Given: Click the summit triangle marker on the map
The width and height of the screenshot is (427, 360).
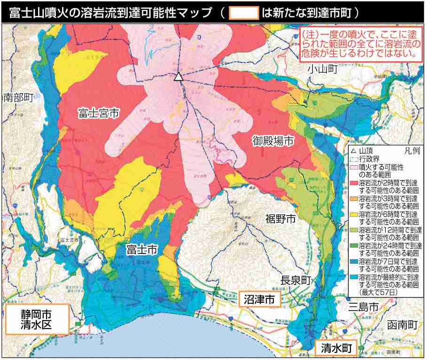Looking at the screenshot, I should pyautogui.click(x=178, y=77).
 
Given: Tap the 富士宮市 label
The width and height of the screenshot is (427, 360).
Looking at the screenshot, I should pyautogui.click(x=98, y=113).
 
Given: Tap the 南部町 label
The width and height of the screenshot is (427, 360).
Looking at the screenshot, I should pyautogui.click(x=18, y=98).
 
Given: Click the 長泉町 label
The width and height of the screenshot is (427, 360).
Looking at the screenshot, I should pyautogui.click(x=296, y=280).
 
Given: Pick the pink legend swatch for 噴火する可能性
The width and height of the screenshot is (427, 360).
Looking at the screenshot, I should pyautogui.click(x=355, y=167).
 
